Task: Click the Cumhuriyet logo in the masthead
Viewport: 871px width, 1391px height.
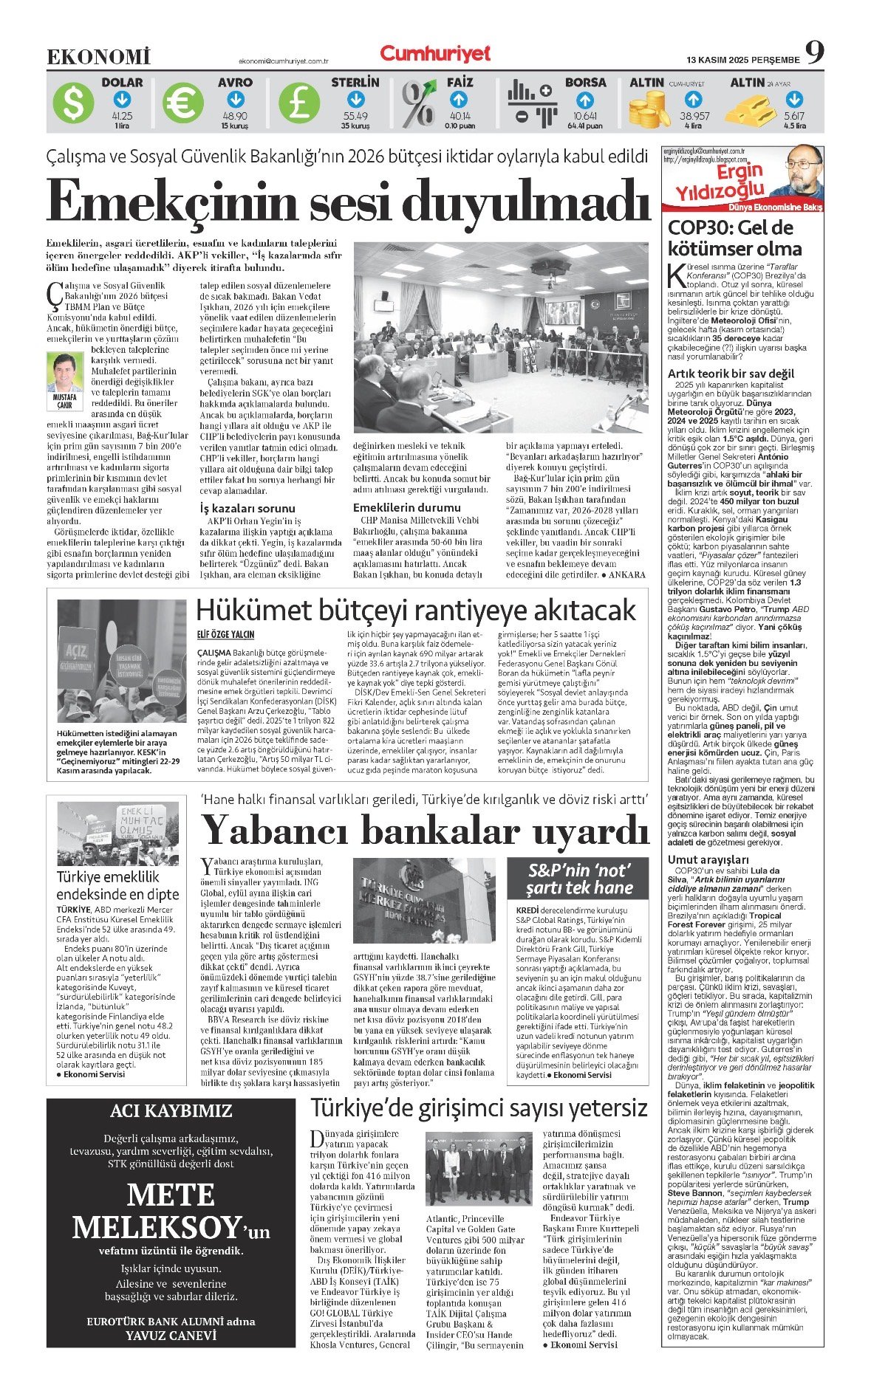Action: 435,53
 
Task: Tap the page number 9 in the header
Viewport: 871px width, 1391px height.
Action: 815,52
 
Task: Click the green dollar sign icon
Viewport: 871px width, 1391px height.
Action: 74,103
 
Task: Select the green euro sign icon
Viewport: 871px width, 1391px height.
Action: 182,103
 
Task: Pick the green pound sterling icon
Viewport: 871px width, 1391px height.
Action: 298,103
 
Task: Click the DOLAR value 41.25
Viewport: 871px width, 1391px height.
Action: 122,116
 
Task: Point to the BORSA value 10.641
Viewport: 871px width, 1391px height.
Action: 584,116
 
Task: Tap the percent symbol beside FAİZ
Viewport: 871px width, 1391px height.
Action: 418,103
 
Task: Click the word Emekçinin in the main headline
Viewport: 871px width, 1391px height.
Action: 171,200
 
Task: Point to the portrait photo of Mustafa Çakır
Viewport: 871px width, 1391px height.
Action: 64,372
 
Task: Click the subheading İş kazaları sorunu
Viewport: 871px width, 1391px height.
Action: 247,508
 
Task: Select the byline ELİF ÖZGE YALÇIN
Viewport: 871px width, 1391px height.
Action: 225,634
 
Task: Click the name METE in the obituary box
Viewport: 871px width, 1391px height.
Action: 171,1195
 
